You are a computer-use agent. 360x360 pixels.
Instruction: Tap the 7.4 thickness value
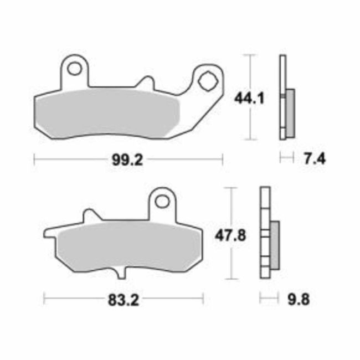(x=313, y=159)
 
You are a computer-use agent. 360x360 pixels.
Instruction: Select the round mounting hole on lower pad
(x=162, y=200)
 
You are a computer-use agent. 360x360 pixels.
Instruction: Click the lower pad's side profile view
(x=268, y=235)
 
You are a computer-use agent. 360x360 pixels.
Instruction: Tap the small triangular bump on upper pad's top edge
(x=146, y=81)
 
